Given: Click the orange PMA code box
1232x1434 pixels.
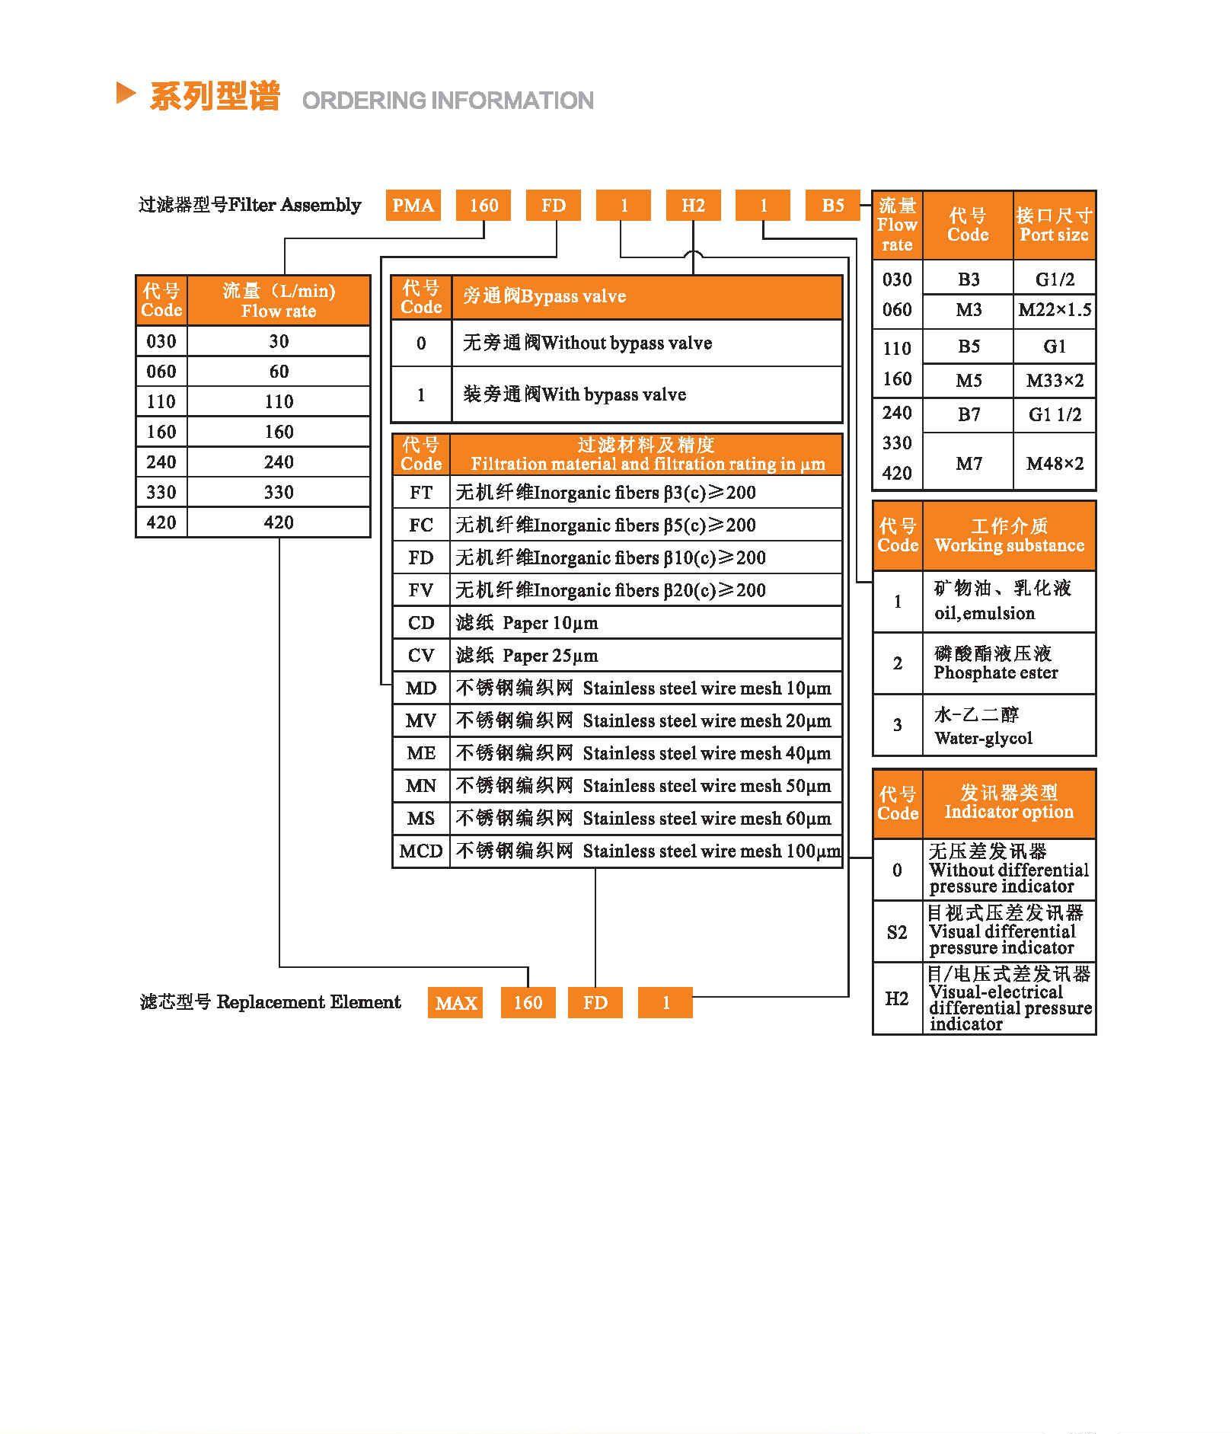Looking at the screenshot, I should pos(413,206).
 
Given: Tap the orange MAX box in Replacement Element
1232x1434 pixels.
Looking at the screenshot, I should pos(455,1003).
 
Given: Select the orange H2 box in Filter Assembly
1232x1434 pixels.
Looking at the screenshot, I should pos(693,206).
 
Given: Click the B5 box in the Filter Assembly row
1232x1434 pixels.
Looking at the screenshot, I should pos(833,206).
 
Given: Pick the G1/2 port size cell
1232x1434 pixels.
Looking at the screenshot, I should pos(1055,279).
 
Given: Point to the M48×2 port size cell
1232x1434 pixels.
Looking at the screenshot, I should pos(1055,463).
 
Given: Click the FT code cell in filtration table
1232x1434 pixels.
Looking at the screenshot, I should pos(421,493).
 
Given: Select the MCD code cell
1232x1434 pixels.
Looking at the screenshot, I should pos(421,851).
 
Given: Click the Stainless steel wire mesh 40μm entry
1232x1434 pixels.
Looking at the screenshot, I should pos(643,753).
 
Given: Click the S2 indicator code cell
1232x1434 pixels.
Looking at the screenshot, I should pos(897,932).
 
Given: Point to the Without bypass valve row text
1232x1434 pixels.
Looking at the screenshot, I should pos(587,343).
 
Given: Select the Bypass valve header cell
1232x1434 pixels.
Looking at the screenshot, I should pos(646,296).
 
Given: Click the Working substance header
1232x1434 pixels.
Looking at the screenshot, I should pos(1009,536).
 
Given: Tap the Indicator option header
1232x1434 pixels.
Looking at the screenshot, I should pos(1009,803).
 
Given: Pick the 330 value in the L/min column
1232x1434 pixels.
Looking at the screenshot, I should pos(279,493).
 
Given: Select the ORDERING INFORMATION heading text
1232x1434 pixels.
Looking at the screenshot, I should pos(448,101).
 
